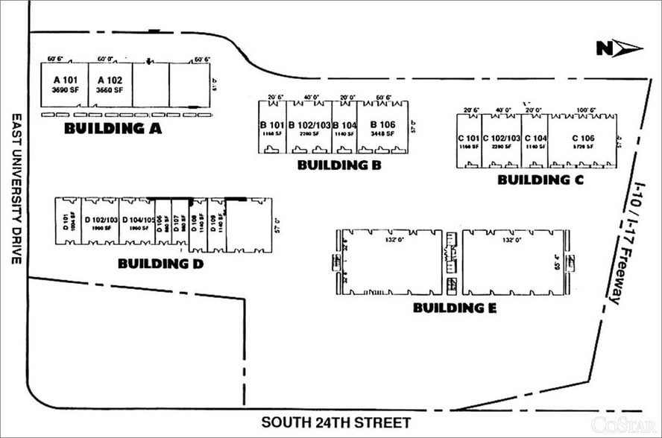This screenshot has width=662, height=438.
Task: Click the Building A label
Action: coord(113,128)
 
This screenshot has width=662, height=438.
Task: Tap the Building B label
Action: coord(339,165)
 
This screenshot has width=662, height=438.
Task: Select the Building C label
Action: coord(540,180)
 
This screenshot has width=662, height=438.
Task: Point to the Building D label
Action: coord(161,264)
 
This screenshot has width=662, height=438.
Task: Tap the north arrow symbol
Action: coord(619,49)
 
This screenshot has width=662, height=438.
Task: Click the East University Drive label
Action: coord(16,189)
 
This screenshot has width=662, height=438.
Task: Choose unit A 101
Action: coord(65,84)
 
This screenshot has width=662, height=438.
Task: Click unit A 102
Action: coord(110,84)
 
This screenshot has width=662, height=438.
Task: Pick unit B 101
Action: coord(272,128)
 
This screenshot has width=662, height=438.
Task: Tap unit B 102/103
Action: coord(309,128)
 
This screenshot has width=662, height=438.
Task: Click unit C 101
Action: coord(469,142)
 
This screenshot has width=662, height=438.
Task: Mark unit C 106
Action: coord(582,142)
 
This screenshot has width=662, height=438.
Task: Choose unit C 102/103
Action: coord(501,142)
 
